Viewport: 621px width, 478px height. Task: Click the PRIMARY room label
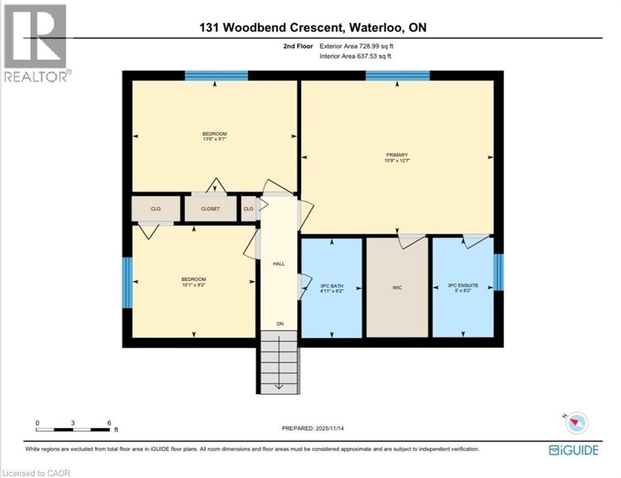(x=397, y=155)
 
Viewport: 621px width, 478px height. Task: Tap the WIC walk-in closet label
(x=397, y=288)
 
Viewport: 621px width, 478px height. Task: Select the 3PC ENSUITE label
(x=463, y=285)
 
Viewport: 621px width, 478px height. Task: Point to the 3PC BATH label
(x=332, y=286)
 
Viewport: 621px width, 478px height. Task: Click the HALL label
(x=279, y=264)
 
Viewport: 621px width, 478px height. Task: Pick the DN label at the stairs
(x=281, y=324)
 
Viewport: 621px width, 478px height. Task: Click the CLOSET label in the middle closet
(x=210, y=209)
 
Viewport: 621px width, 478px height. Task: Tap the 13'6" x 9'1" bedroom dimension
(x=215, y=139)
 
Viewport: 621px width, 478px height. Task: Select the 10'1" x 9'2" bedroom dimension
(x=194, y=284)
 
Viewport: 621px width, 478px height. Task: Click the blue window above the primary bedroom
(x=398, y=76)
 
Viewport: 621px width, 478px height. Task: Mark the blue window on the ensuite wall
(x=498, y=272)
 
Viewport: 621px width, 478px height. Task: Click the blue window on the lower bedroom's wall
(x=127, y=283)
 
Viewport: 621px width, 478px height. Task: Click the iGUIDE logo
(x=574, y=450)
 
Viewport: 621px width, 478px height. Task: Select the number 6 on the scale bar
(x=110, y=423)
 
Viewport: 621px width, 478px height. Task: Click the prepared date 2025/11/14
(x=330, y=428)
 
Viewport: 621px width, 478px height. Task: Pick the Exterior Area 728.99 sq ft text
(x=357, y=46)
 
